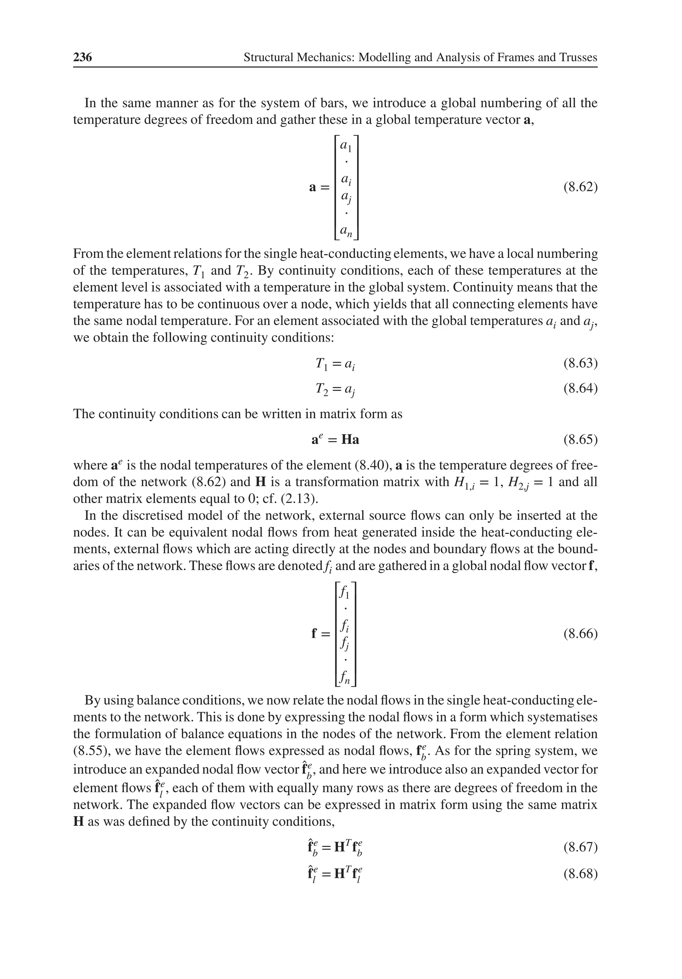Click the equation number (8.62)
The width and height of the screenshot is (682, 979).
[580, 187]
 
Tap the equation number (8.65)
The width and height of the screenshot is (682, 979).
[580, 439]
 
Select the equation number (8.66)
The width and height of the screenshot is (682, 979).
[580, 634]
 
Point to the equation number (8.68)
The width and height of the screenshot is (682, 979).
[580, 874]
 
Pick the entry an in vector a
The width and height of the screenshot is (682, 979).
[346, 231]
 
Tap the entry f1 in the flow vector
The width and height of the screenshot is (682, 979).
[345, 593]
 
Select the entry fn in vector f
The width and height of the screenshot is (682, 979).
[345, 678]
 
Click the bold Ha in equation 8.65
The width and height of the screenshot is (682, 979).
[350, 440]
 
